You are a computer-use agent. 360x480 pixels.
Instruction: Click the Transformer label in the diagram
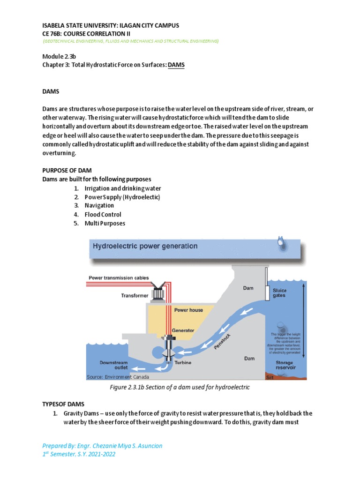pos(135,296)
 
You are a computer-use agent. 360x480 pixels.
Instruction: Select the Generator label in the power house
pos(183,330)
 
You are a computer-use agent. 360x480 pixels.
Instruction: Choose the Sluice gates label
pos(279,293)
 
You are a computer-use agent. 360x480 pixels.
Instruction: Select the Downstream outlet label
pos(113,365)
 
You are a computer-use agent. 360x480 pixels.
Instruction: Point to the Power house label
pos(188,310)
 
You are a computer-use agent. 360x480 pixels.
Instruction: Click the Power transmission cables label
pos(119,277)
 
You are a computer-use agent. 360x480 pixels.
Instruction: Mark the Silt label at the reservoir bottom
pos(270,377)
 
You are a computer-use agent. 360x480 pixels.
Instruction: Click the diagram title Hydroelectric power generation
pos(145,246)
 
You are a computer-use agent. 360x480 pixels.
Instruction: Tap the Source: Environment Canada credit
pos(118,377)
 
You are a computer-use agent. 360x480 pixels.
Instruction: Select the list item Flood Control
pos(103,214)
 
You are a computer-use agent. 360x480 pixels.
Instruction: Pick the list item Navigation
pos(99,205)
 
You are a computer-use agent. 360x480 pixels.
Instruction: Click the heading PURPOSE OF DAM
pos(67,171)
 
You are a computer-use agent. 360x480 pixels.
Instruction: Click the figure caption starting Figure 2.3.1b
pos(180,387)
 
